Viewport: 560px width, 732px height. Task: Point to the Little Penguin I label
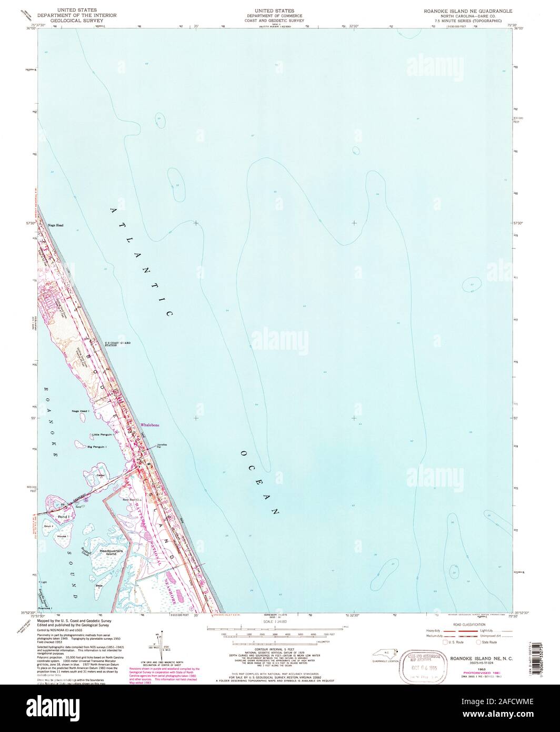click(103, 435)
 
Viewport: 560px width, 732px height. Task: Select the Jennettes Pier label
click(162, 446)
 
